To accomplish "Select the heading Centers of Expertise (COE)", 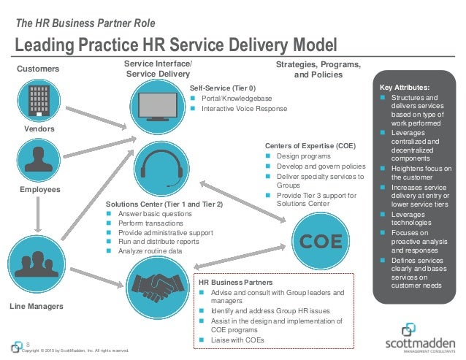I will point(310,146).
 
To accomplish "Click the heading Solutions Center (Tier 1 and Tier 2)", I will point(164,204).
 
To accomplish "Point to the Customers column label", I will point(37,69).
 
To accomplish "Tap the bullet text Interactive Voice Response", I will point(244,109).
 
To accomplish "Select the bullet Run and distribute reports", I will point(158,241).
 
